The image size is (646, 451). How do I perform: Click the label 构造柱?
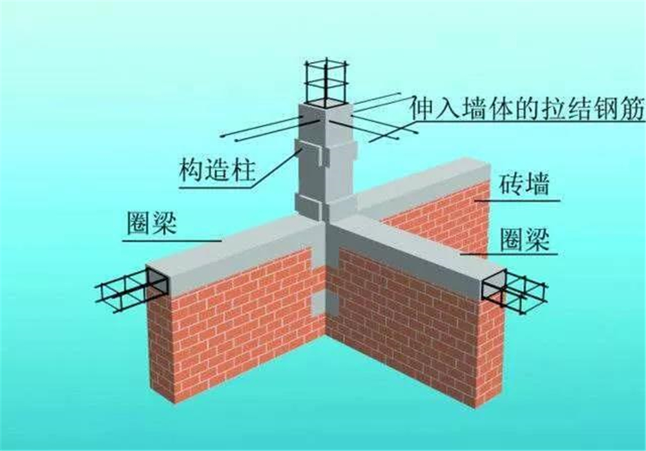pos(217,169)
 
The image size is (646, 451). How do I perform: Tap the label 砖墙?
pos(524,184)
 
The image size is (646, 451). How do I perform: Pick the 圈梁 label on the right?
pos(525,240)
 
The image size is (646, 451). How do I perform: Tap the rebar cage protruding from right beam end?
pos(523,291)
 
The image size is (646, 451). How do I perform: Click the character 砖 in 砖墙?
pos(511,184)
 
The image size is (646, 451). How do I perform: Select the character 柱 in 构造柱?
pos(243,169)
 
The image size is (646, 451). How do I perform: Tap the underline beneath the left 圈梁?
pos(172,240)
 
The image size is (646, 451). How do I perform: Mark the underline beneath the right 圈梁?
pos(510,254)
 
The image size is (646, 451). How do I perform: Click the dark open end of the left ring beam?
pos(157,282)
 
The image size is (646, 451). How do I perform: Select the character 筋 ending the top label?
pos(632,109)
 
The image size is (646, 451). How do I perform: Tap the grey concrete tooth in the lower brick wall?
pos(325,305)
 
